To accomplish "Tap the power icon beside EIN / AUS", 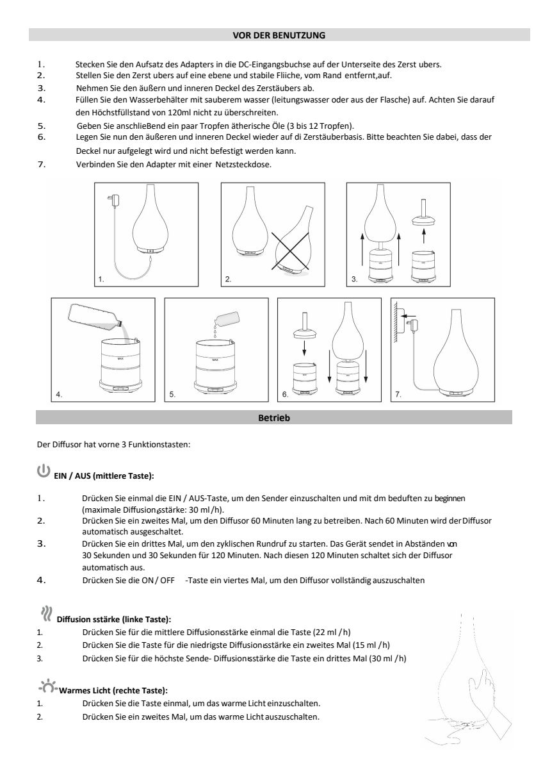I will [x=43, y=472].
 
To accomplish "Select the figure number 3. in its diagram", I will [x=354, y=279].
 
